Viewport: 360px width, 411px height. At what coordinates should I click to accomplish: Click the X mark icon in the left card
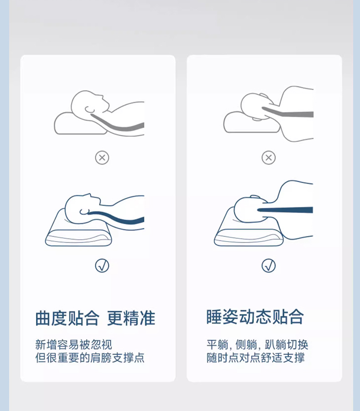(x=102, y=158)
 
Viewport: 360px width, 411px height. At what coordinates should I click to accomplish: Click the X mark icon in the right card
(x=268, y=158)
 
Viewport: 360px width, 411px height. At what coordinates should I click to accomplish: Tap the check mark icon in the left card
(x=102, y=266)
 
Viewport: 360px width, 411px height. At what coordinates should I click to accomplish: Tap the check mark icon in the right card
(x=268, y=266)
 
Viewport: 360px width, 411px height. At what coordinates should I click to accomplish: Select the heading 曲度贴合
(x=67, y=318)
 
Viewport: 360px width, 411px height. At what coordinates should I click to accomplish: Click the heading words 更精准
(x=131, y=318)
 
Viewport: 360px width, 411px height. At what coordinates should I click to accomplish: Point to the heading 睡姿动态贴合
(x=255, y=317)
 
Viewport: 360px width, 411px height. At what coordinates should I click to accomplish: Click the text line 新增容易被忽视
(x=74, y=344)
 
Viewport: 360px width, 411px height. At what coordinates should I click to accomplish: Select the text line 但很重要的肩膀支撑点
(x=90, y=358)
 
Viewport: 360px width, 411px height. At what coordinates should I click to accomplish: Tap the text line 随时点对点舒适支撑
(x=256, y=358)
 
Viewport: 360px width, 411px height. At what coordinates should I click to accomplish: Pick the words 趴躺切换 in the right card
(x=286, y=344)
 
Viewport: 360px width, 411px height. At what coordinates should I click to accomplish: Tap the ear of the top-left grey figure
(x=88, y=109)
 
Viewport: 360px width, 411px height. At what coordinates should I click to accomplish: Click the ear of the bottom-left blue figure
(x=84, y=212)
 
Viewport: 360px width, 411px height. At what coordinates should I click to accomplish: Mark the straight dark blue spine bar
(x=285, y=210)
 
